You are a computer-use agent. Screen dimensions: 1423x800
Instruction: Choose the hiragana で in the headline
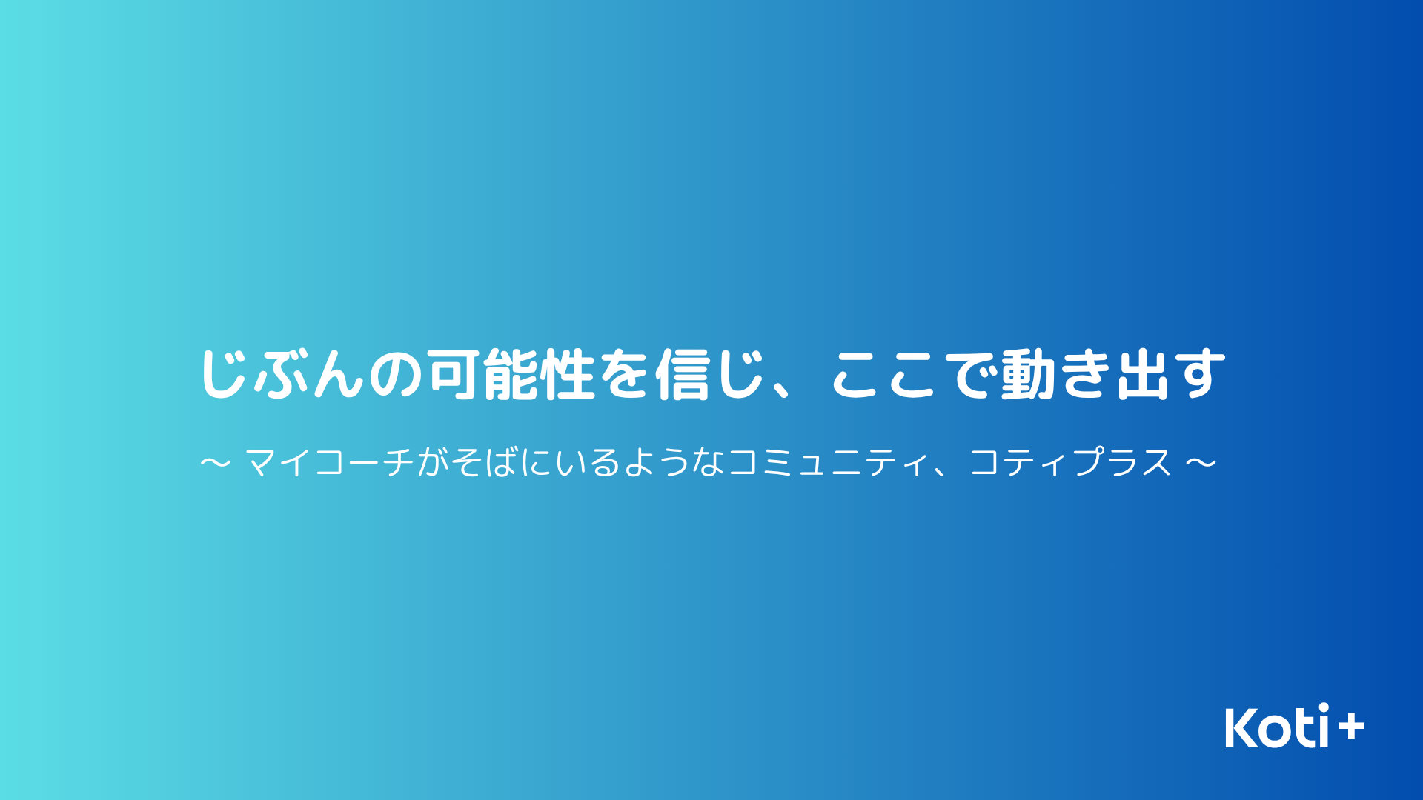(971, 375)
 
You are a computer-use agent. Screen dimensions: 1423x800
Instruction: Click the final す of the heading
(1200, 374)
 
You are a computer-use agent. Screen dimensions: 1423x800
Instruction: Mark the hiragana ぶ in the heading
(282, 374)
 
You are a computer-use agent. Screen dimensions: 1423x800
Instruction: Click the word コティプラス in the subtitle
(1071, 463)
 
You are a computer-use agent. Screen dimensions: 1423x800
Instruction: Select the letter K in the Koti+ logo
(1241, 727)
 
